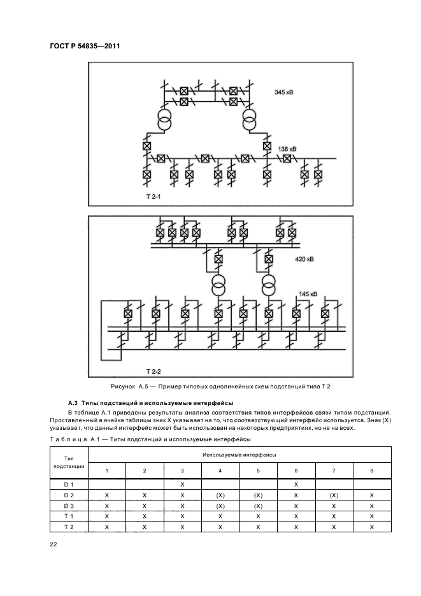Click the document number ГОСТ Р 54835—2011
coord(84,46)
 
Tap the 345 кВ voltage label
coord(283,92)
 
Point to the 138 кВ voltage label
coord(287,148)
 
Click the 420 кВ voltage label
coord(304,260)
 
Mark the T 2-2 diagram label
coord(153,370)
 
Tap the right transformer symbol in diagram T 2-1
coord(250,120)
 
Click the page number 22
coord(53,543)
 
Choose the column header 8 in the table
coord(372,470)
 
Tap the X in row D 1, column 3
coord(182,485)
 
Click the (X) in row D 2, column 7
coord(334,496)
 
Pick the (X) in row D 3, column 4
coord(220,506)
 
